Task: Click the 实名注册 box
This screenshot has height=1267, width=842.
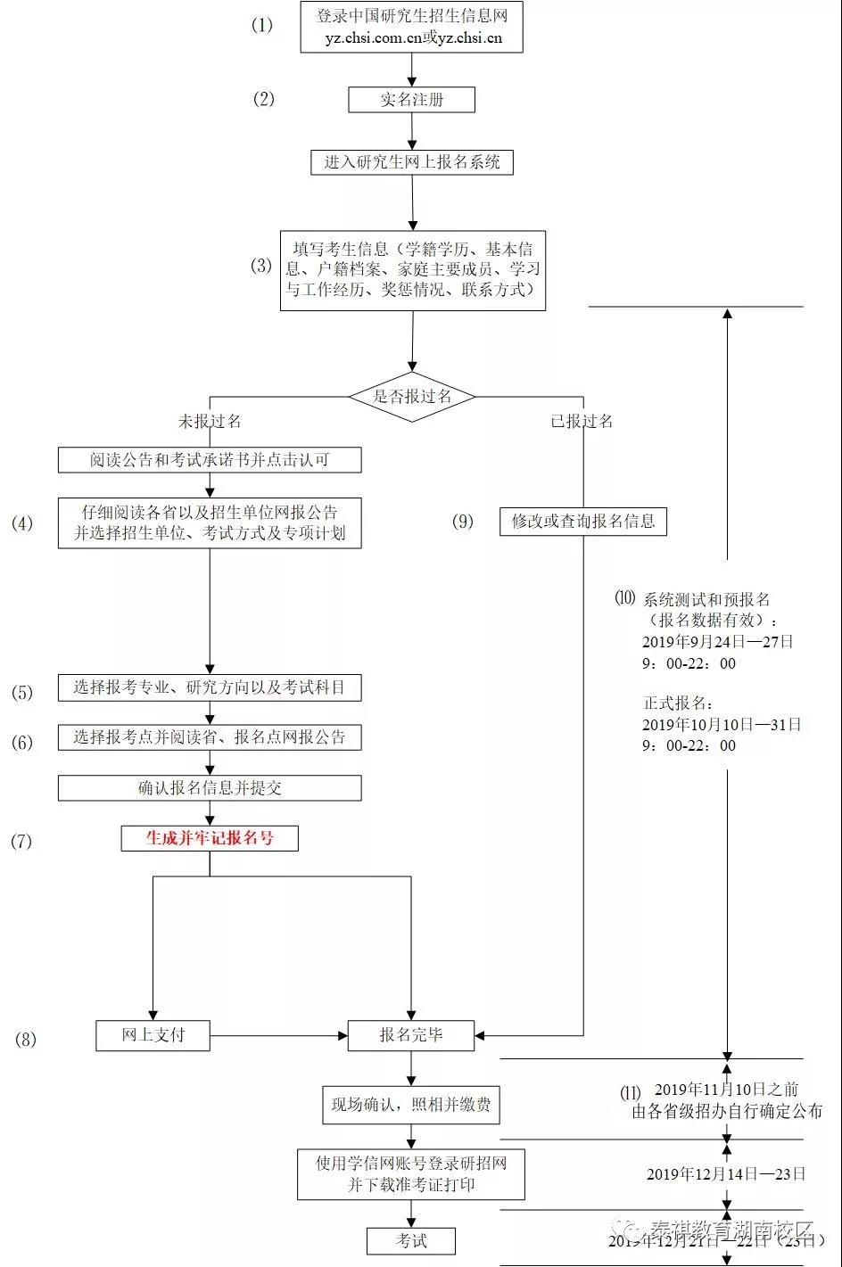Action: pos(411,100)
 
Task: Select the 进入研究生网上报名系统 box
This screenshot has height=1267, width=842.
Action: pos(411,162)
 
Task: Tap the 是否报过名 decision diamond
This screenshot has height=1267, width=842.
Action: pos(411,396)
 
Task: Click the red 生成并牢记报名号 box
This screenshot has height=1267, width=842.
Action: pos(210,838)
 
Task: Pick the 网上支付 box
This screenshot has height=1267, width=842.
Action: pos(153,1035)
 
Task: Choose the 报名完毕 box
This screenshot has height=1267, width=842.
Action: pos(411,1035)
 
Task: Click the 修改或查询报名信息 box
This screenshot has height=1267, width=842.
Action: pos(583,522)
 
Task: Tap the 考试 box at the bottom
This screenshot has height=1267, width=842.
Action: pos(411,1240)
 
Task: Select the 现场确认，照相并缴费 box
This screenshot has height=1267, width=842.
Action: pos(411,1105)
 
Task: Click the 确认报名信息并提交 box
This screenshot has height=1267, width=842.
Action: pos(210,788)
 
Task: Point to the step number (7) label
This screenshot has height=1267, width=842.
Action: pos(21,841)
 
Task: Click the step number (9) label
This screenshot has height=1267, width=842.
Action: pos(463,522)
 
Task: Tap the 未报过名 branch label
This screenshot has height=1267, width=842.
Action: pos(210,421)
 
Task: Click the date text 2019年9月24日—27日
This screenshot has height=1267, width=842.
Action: pos(717,641)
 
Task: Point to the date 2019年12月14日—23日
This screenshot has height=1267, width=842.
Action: pos(725,1173)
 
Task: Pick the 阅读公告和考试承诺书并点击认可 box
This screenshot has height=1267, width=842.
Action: pos(210,460)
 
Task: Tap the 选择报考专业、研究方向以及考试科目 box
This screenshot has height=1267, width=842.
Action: pos(210,687)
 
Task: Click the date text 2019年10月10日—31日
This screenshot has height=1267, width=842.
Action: pos(721,724)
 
